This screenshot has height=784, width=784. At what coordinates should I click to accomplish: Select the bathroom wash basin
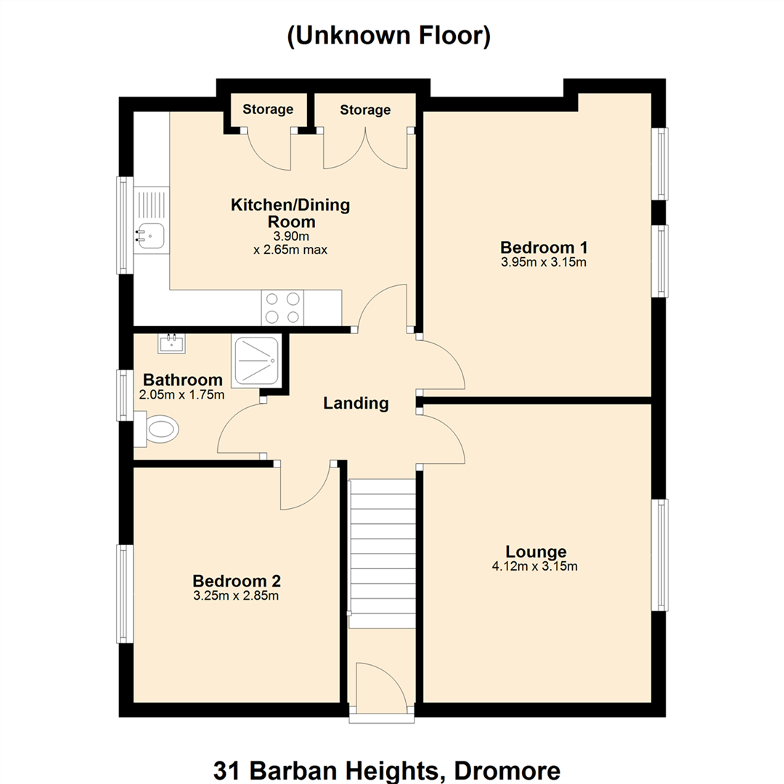tap(171, 343)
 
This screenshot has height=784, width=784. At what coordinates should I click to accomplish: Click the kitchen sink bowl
tap(150, 236)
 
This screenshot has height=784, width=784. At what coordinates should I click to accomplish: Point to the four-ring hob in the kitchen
tap(282, 308)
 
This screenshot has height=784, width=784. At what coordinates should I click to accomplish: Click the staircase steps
tap(382, 554)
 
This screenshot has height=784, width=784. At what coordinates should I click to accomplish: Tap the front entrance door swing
tap(382, 685)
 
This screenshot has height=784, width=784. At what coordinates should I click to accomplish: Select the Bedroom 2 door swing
tap(305, 486)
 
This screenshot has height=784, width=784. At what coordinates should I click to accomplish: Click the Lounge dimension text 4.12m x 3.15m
tap(535, 566)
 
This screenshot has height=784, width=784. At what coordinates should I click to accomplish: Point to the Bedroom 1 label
tap(544, 248)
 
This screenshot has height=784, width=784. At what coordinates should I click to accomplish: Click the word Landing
tap(356, 403)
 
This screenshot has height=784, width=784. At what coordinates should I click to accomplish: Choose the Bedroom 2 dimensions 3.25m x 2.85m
tap(236, 596)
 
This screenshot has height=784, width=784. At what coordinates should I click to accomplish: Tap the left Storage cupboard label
tap(268, 110)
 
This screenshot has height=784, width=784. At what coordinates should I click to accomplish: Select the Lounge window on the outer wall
tap(659, 555)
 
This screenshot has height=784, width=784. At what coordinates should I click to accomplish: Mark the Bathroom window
tap(125, 395)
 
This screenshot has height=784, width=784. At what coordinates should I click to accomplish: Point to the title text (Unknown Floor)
tap(389, 36)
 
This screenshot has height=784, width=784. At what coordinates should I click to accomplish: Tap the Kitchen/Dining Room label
tap(290, 213)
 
